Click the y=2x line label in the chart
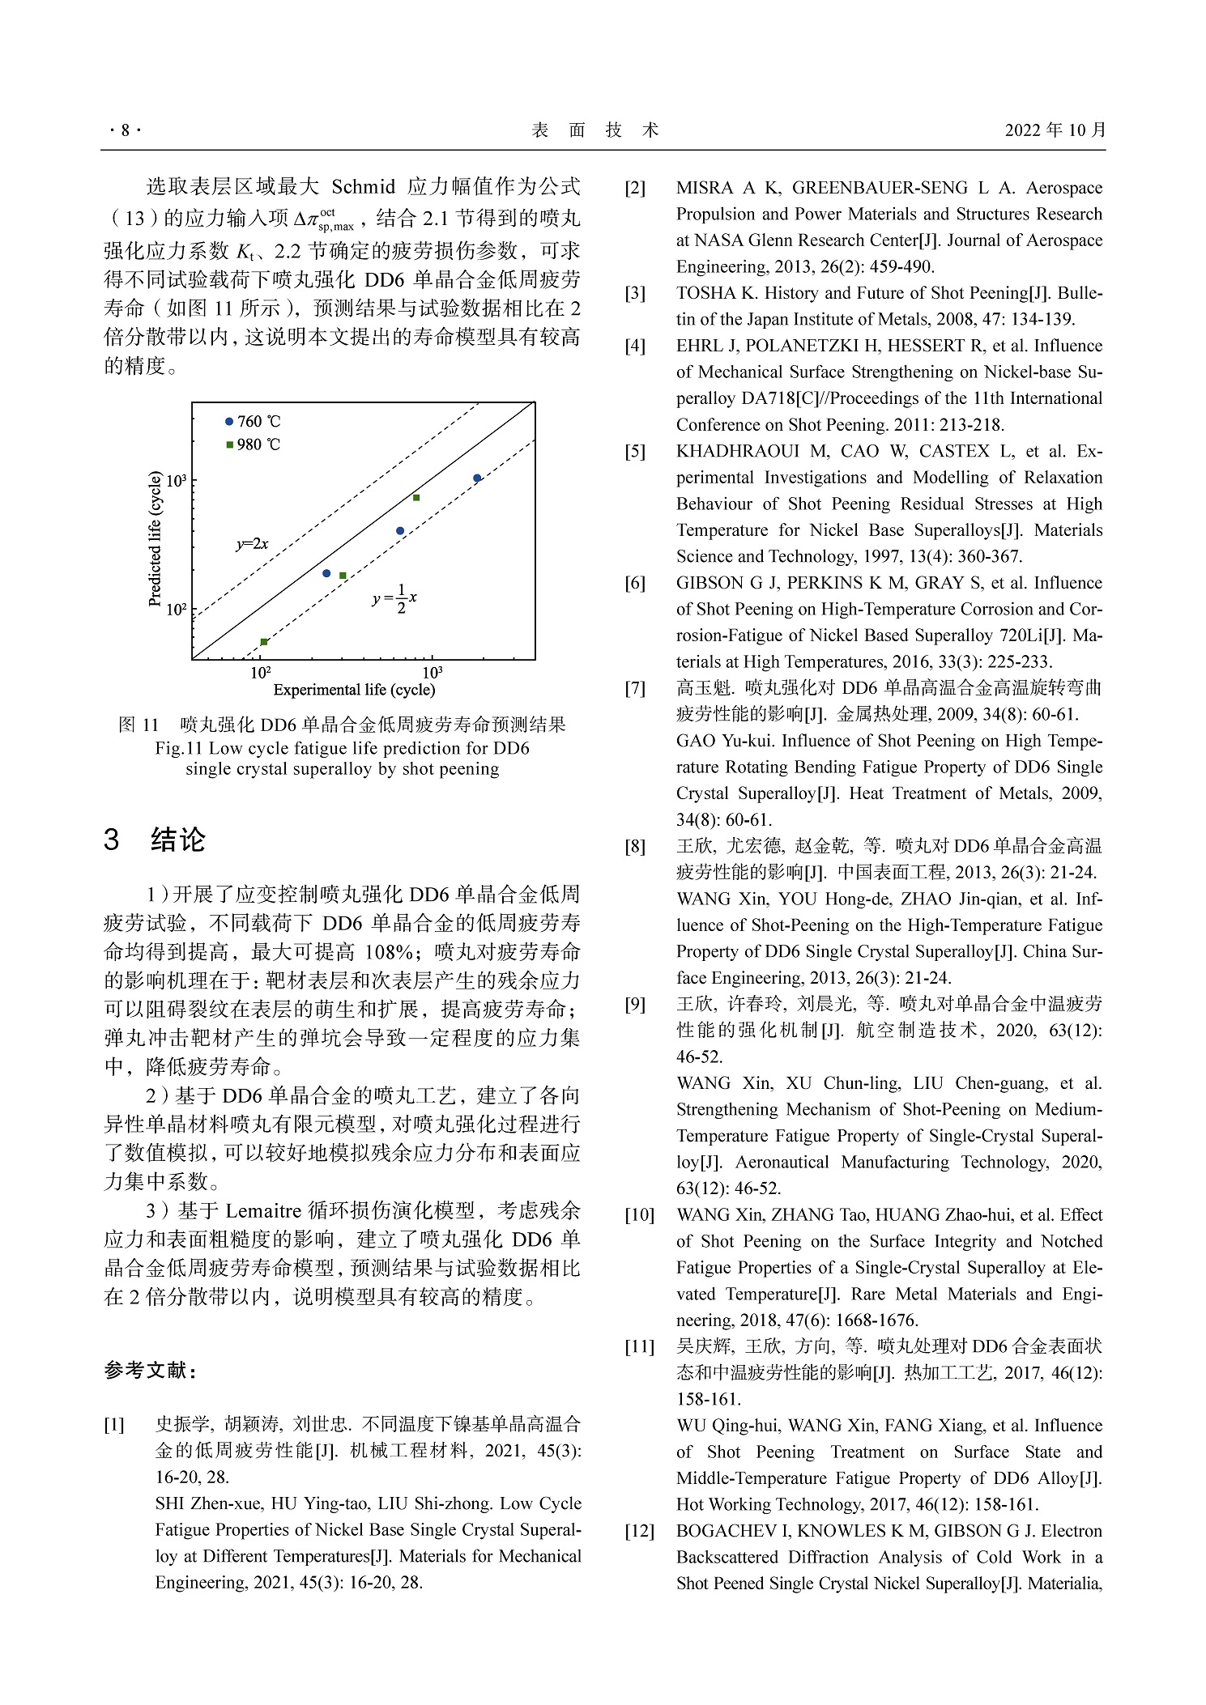click(252, 545)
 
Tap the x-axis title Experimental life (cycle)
click(354, 690)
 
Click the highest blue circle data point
click(478, 478)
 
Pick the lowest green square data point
click(264, 642)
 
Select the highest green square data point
click(416, 498)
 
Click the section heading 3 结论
click(154, 840)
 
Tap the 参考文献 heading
click(150, 1371)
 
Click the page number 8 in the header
click(125, 130)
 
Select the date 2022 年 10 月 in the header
click(1055, 130)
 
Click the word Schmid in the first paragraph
click(363, 187)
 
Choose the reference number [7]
click(635, 688)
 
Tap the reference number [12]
click(639, 1531)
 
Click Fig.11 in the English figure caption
click(179, 748)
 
